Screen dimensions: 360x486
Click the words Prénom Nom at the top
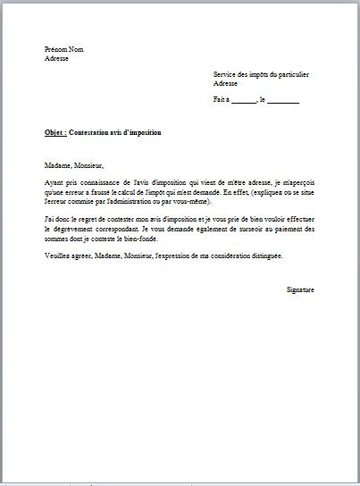pyautogui.click(x=63, y=49)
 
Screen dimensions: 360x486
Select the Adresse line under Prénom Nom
pyautogui.click(x=56, y=58)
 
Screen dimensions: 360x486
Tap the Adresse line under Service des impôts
pyautogui.click(x=225, y=83)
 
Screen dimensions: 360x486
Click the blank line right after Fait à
pyautogui.click(x=243, y=100)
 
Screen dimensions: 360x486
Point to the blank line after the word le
pyautogui.click(x=283, y=100)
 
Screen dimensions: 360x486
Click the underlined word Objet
pyautogui.click(x=54, y=132)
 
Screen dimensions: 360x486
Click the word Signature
pyautogui.click(x=300, y=289)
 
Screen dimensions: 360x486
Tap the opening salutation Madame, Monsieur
pyautogui.click(x=74, y=165)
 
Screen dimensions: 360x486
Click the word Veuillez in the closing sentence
pyautogui.click(x=57, y=256)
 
